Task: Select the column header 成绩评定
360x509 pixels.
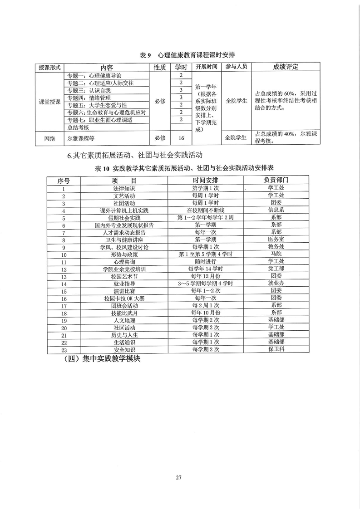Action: [285, 67]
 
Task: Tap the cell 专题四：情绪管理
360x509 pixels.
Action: [89, 98]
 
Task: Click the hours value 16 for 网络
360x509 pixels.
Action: [181, 138]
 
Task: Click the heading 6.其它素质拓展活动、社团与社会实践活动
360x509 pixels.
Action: [134, 156]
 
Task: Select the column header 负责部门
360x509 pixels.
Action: [276, 180]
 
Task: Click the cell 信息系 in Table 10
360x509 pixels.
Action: [276, 211]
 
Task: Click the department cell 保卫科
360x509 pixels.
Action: [276, 349]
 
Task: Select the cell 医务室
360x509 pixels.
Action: [276, 240]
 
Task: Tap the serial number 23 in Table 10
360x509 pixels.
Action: [64, 349]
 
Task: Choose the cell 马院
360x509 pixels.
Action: [276, 254]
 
